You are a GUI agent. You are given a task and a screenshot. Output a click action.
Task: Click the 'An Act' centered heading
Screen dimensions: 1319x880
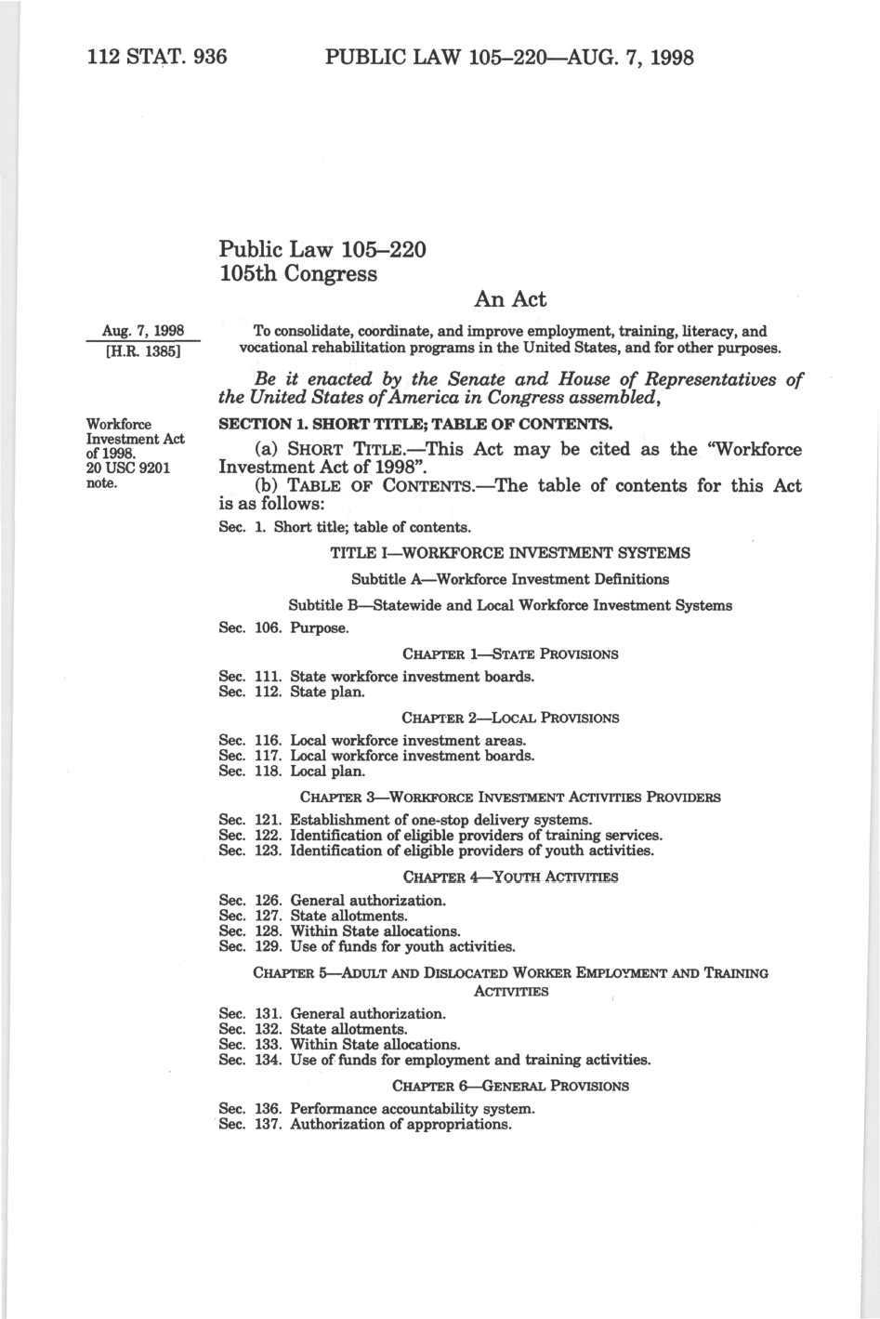[510, 299]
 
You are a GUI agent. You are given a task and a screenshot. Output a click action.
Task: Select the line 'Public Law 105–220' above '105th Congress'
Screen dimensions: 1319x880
[322, 250]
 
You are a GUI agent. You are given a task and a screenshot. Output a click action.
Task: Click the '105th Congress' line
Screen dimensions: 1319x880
[297, 274]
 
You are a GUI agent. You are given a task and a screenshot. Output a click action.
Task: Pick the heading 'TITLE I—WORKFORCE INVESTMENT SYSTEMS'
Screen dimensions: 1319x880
[510, 553]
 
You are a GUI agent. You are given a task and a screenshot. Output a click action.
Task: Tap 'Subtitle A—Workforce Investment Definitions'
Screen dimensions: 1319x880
[510, 579]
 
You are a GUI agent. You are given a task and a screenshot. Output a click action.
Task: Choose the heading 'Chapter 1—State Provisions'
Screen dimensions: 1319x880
[510, 654]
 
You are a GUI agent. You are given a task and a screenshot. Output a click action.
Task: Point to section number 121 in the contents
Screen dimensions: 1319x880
[267, 820]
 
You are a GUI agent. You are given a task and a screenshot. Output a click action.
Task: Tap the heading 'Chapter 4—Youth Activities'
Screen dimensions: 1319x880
[510, 877]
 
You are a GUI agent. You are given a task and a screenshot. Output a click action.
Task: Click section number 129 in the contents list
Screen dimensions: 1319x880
[267, 946]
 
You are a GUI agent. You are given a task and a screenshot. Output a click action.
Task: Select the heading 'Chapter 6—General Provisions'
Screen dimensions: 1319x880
[510, 1086]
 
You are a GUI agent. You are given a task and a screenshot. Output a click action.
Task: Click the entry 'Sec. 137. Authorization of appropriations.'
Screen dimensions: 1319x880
[364, 1124]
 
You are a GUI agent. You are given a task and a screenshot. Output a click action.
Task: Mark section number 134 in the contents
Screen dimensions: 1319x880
[267, 1060]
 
